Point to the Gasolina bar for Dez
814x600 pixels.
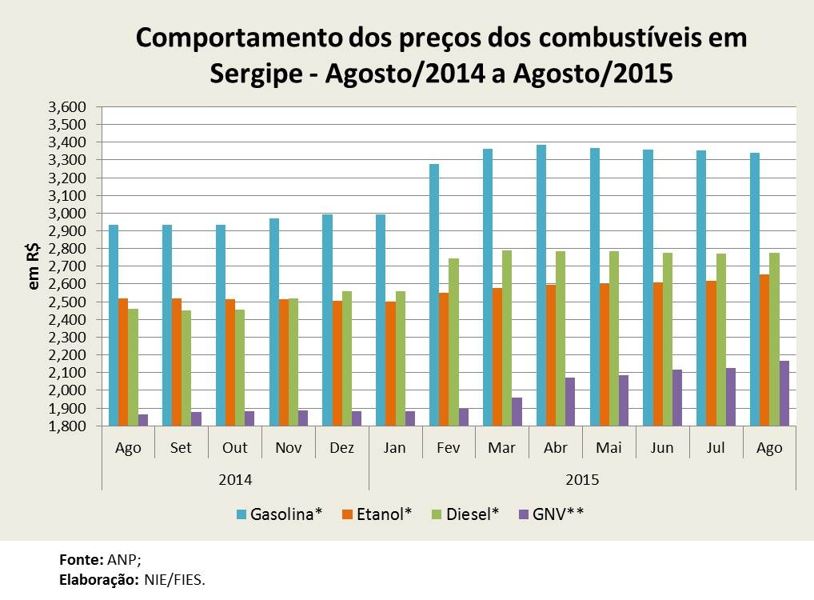[327, 320]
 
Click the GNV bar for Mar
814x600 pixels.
[517, 412]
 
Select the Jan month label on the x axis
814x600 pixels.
[395, 448]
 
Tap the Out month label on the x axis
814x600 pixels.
[235, 448]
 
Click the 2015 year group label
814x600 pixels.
[582, 480]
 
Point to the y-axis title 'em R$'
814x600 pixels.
[34, 266]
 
